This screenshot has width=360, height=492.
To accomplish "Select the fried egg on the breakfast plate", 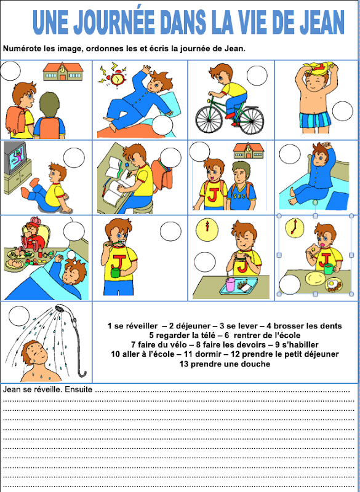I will (x=335, y=285).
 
